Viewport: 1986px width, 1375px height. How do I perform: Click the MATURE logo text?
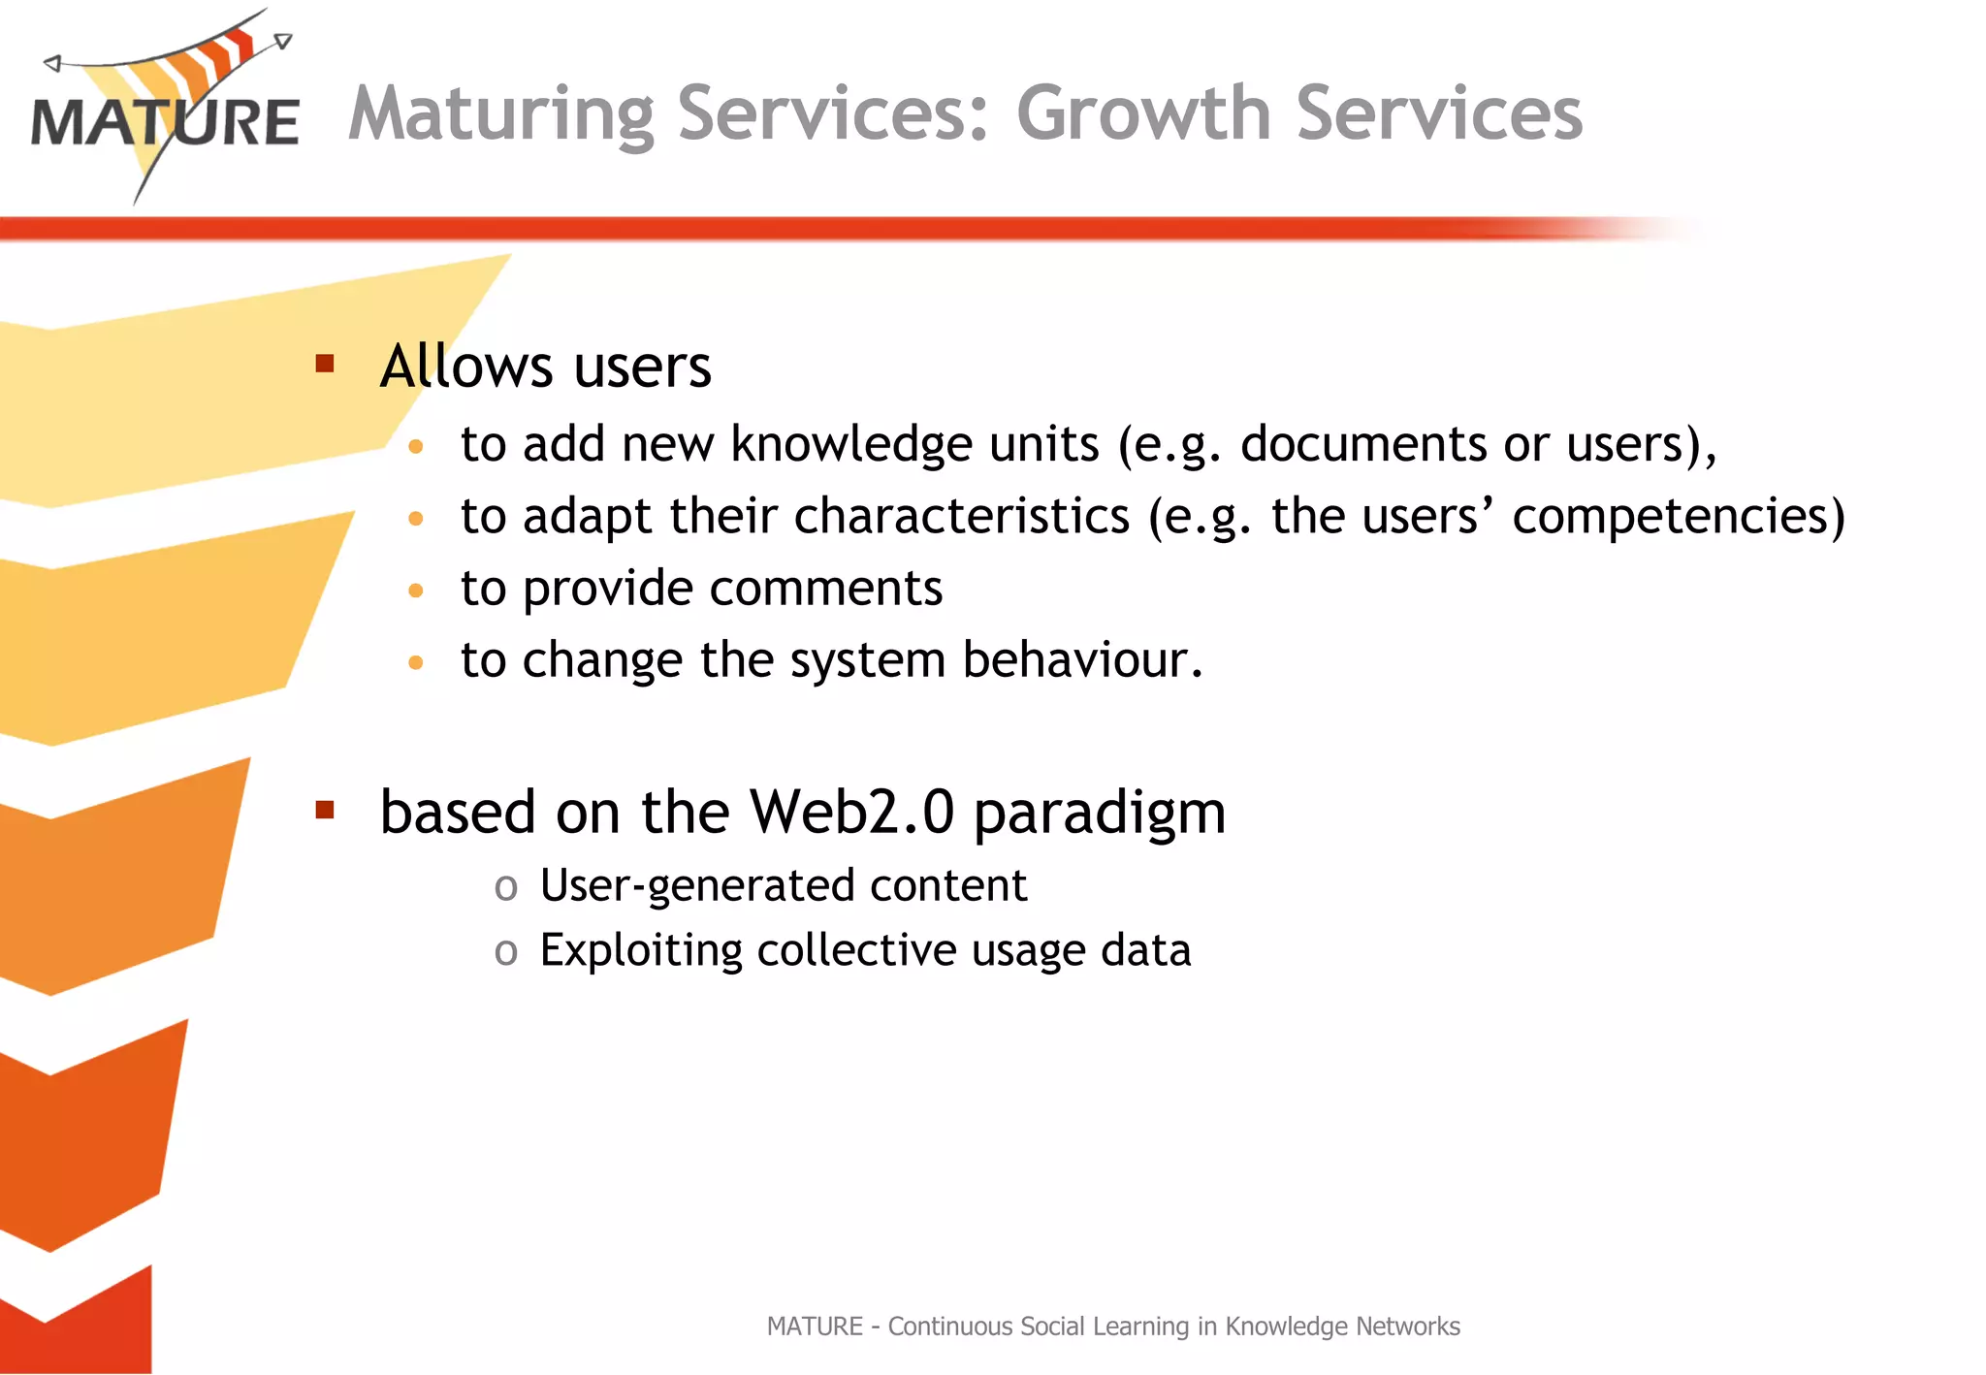pos(165,123)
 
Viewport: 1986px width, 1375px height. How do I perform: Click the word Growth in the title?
pos(1142,113)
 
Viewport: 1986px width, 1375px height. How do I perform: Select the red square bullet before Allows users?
pos(325,364)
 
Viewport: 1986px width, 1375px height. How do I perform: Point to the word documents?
pos(1363,444)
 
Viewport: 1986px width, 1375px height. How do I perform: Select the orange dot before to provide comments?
pos(416,591)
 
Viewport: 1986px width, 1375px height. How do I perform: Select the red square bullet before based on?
pos(325,810)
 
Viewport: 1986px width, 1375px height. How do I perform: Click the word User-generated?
pos(682,886)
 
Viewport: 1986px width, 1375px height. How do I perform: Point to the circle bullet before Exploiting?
pos(505,952)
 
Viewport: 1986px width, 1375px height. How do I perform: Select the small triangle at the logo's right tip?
pos(282,41)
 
